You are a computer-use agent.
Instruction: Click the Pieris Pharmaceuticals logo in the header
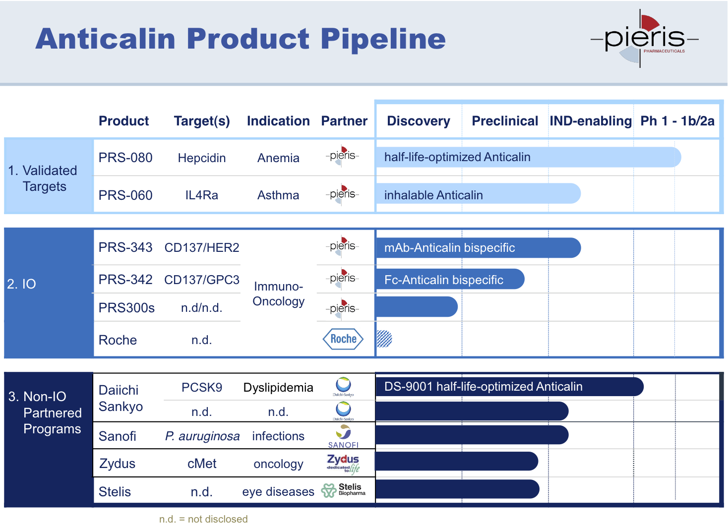644,39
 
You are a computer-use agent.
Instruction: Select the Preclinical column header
505,121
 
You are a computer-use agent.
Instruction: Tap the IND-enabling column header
591,121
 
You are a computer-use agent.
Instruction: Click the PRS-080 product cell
125,158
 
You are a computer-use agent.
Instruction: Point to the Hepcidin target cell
202,158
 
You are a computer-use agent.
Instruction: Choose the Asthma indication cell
278,195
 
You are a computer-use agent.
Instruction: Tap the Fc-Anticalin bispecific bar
449,279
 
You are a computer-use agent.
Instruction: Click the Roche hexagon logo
343,339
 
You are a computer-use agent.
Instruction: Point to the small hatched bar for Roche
384,339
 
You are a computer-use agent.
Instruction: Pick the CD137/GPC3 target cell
202,280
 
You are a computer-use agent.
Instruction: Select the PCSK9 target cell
202,387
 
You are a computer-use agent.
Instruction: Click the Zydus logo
343,464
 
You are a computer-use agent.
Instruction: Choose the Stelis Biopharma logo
344,490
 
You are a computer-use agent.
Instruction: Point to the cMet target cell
202,464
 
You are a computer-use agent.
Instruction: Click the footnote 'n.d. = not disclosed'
203,519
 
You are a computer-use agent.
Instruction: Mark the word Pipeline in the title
383,39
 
